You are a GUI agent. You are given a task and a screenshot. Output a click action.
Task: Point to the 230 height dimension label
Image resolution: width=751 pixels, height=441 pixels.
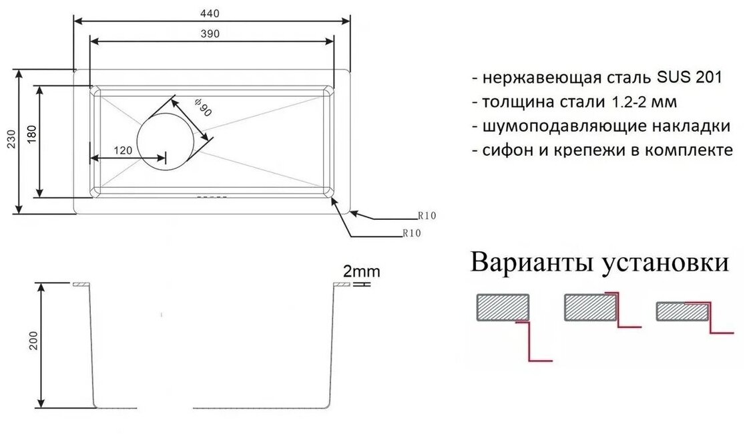coord(9,142)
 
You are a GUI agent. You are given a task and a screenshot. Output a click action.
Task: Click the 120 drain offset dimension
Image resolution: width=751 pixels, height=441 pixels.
coord(122,151)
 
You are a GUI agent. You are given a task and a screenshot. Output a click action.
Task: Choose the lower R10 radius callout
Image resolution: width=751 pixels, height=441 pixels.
coord(411,233)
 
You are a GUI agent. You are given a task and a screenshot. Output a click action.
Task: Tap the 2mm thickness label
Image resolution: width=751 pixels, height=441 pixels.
coord(361,271)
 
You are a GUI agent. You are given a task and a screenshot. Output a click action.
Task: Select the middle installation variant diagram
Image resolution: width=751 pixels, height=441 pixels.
coord(601,311)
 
